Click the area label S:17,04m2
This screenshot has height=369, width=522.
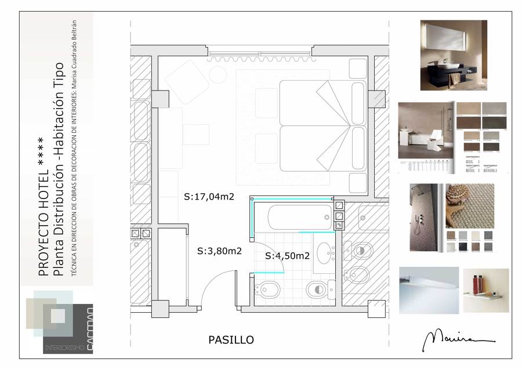[x=209, y=197]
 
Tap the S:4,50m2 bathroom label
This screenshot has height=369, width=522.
[x=287, y=255]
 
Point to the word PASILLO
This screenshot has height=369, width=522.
[x=231, y=340]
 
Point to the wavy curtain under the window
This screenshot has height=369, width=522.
[x=260, y=59]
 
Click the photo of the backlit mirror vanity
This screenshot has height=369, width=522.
[x=454, y=55]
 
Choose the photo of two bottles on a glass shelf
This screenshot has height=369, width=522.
[x=485, y=290]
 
